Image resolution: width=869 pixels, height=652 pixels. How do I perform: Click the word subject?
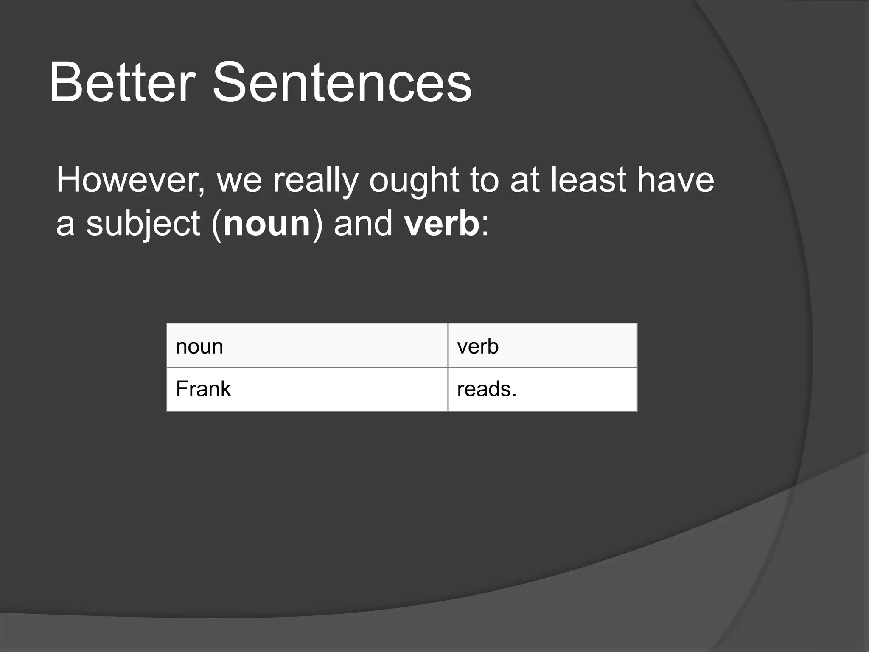coord(143,224)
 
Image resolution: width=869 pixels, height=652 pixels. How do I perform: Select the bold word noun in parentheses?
coord(267,224)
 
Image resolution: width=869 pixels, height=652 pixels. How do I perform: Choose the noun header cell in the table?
coord(307,346)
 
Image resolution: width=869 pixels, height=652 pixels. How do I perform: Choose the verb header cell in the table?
coord(542,346)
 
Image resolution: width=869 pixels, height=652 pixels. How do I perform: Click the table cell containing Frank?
coord(307,389)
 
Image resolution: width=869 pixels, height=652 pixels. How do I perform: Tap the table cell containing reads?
coord(542,389)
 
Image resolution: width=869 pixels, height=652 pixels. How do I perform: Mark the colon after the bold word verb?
coord(485,225)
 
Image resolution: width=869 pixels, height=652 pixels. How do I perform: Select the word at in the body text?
coord(524,180)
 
